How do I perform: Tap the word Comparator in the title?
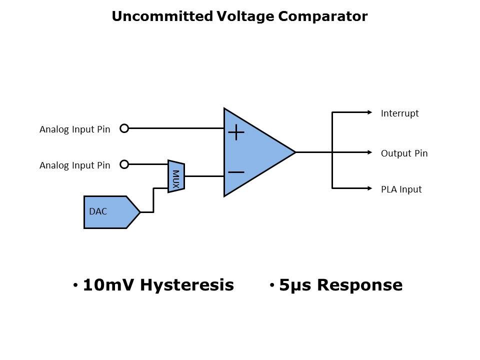pos(322,16)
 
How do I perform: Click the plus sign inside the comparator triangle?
pos(236,132)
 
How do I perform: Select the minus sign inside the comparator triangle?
pos(236,172)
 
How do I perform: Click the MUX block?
pos(176,176)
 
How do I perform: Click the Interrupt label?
pos(399,113)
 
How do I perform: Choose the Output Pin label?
pos(404,153)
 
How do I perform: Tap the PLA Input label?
pos(401,189)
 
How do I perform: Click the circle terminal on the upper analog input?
pos(124,128)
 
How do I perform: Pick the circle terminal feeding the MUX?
pos(124,164)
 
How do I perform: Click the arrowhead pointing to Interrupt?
pos(370,112)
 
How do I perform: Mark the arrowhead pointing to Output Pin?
pos(370,152)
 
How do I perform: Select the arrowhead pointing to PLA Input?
pos(370,188)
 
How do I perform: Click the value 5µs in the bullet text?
pos(295,285)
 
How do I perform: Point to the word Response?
pos(359,285)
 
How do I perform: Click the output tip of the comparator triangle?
pos(294,152)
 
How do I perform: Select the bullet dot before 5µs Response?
pos(272,285)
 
